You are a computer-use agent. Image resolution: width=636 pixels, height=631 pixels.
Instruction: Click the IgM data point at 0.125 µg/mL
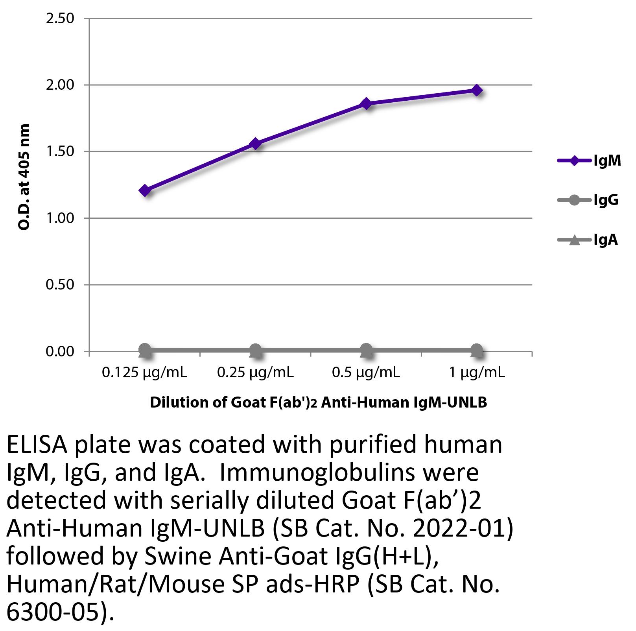click(x=145, y=190)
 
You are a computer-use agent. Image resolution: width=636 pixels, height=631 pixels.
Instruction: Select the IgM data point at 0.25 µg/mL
click(x=255, y=144)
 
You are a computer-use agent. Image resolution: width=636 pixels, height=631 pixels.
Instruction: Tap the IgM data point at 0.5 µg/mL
click(x=366, y=103)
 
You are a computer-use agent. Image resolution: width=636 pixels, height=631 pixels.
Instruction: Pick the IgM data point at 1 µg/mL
click(x=477, y=90)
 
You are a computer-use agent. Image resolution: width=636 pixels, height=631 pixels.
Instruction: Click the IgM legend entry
click(x=589, y=161)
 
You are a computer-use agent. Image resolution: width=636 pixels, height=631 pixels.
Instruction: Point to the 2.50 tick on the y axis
click(x=60, y=18)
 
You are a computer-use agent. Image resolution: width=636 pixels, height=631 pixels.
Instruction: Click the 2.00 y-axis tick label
click(x=60, y=85)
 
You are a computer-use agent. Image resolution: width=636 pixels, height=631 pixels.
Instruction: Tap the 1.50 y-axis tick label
click(x=60, y=151)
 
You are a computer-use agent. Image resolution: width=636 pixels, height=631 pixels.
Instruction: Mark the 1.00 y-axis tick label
click(x=60, y=218)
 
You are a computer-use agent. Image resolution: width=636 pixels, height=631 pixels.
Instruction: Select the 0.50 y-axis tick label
click(x=60, y=284)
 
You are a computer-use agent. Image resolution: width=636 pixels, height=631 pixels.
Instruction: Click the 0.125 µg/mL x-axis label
click(x=144, y=372)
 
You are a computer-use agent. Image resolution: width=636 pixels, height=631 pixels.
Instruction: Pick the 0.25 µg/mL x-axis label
click(x=255, y=372)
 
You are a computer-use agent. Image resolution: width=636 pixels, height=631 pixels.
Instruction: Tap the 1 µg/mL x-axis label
click(x=477, y=372)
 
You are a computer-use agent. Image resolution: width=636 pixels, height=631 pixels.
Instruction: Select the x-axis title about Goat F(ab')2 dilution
click(x=319, y=402)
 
